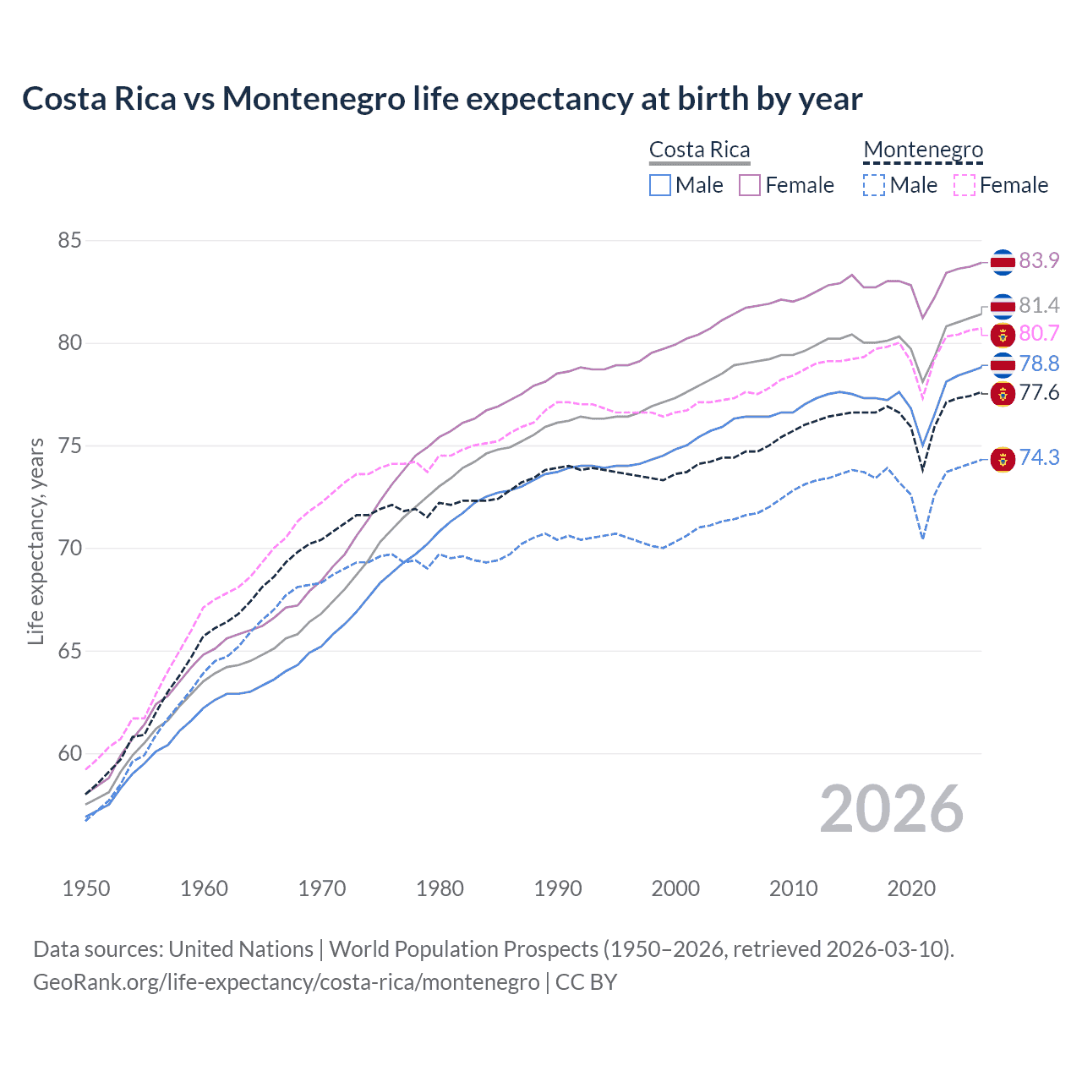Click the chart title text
(442, 99)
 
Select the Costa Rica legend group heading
(699, 150)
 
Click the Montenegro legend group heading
(923, 150)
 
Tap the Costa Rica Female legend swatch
(750, 185)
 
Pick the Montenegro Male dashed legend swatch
(874, 185)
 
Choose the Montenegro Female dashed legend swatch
(965, 185)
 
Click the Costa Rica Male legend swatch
(660, 185)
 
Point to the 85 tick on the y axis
(69, 241)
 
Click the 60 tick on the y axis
(69, 754)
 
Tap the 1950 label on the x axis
(86, 888)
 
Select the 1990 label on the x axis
(558, 888)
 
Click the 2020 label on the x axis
(911, 888)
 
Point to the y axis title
(36, 541)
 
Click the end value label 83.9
(1039, 260)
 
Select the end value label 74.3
(1039, 457)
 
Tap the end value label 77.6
(1039, 392)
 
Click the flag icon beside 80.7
(1003, 335)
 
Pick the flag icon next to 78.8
(1003, 364)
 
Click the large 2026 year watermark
(892, 809)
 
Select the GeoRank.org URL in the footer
(286, 982)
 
